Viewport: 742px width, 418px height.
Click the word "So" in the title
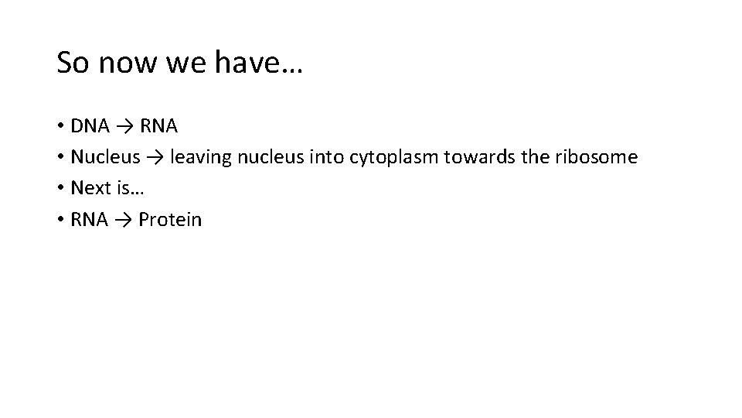tap(73, 63)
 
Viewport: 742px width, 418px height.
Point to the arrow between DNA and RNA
tap(126, 125)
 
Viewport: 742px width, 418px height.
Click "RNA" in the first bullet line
tap(158, 125)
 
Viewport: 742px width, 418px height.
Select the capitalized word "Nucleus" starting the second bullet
tap(105, 157)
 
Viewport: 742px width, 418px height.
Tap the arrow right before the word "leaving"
tap(155, 157)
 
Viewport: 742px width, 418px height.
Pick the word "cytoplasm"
tap(397, 157)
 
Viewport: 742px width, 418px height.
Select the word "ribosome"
tap(597, 157)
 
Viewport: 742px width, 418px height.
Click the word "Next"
tap(89, 188)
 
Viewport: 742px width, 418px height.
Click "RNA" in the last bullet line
tap(90, 220)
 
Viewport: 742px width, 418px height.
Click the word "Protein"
tap(170, 220)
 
